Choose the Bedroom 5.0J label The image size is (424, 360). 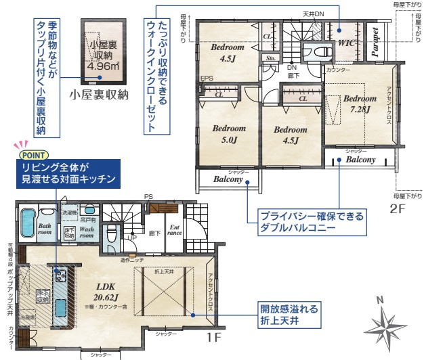224,135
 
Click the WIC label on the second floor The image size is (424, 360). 347,43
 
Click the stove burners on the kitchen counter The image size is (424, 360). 59,275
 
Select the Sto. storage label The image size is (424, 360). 270,59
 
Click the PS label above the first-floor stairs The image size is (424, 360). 148,197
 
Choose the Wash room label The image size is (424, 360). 86,233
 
